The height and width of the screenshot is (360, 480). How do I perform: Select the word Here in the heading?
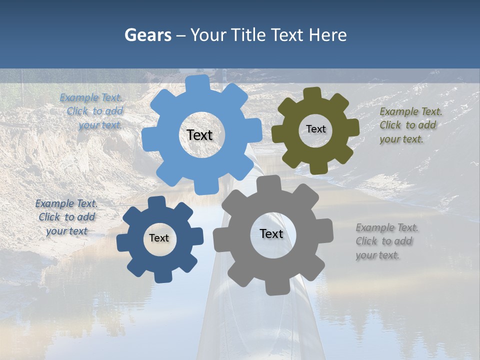(327, 35)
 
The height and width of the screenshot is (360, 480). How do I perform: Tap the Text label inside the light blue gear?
(199, 135)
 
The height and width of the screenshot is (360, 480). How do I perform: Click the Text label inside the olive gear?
(315, 129)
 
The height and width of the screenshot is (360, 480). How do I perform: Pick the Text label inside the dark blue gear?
(159, 238)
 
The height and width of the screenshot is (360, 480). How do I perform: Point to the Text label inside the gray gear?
(271, 233)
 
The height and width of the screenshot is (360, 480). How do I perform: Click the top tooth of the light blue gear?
(198, 83)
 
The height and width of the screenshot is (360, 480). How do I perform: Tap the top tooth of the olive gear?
(312, 93)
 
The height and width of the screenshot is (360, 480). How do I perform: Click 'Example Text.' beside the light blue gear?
(91, 97)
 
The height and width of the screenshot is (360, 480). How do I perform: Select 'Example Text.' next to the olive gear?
(411, 111)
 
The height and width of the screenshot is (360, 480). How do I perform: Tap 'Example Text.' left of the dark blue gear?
(66, 203)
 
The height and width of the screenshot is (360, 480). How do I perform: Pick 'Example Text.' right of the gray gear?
(387, 227)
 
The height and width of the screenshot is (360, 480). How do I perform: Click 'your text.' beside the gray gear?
(377, 255)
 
